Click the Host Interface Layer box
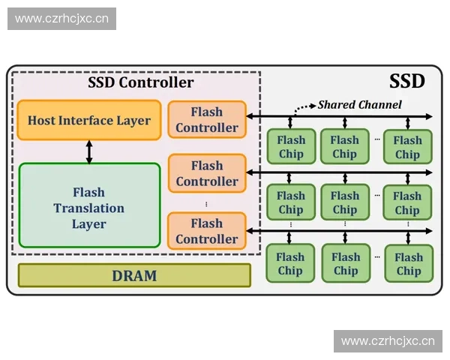(x=89, y=120)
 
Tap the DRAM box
(x=134, y=275)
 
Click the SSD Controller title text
(x=141, y=82)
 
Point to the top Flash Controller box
(x=207, y=120)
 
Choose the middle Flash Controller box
(x=207, y=173)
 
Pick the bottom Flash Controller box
(x=207, y=231)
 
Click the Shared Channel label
(x=359, y=104)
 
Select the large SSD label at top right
(x=406, y=82)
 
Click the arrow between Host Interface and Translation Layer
(x=89, y=151)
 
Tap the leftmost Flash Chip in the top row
(x=291, y=146)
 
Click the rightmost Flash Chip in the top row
(x=407, y=146)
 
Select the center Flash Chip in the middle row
(x=346, y=202)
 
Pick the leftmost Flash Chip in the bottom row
(x=290, y=263)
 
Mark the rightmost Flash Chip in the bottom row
(x=408, y=263)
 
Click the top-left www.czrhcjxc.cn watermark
(x=62, y=18)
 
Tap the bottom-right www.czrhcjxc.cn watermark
(x=387, y=341)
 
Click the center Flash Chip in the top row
(x=344, y=146)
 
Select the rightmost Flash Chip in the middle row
(x=407, y=202)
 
